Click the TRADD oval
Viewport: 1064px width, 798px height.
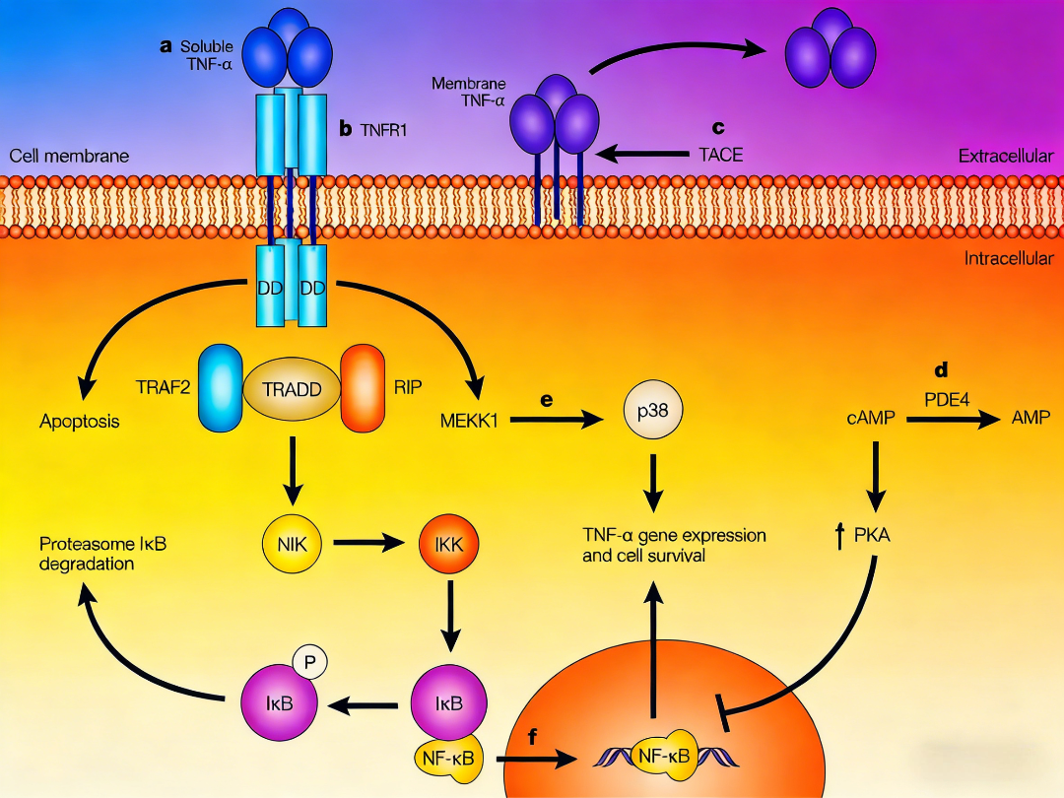tap(291, 388)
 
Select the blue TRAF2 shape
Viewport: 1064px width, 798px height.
tap(220, 387)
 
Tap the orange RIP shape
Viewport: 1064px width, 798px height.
tap(362, 387)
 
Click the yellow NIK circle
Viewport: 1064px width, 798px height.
tap(292, 542)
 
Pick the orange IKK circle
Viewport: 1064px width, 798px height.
tap(449, 542)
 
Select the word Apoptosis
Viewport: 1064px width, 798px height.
tap(80, 422)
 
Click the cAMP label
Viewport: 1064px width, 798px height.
tap(869, 419)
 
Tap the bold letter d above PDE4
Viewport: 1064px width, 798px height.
tap(941, 370)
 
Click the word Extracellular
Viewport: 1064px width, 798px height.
tap(1005, 156)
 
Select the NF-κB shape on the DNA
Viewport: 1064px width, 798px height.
tap(665, 756)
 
